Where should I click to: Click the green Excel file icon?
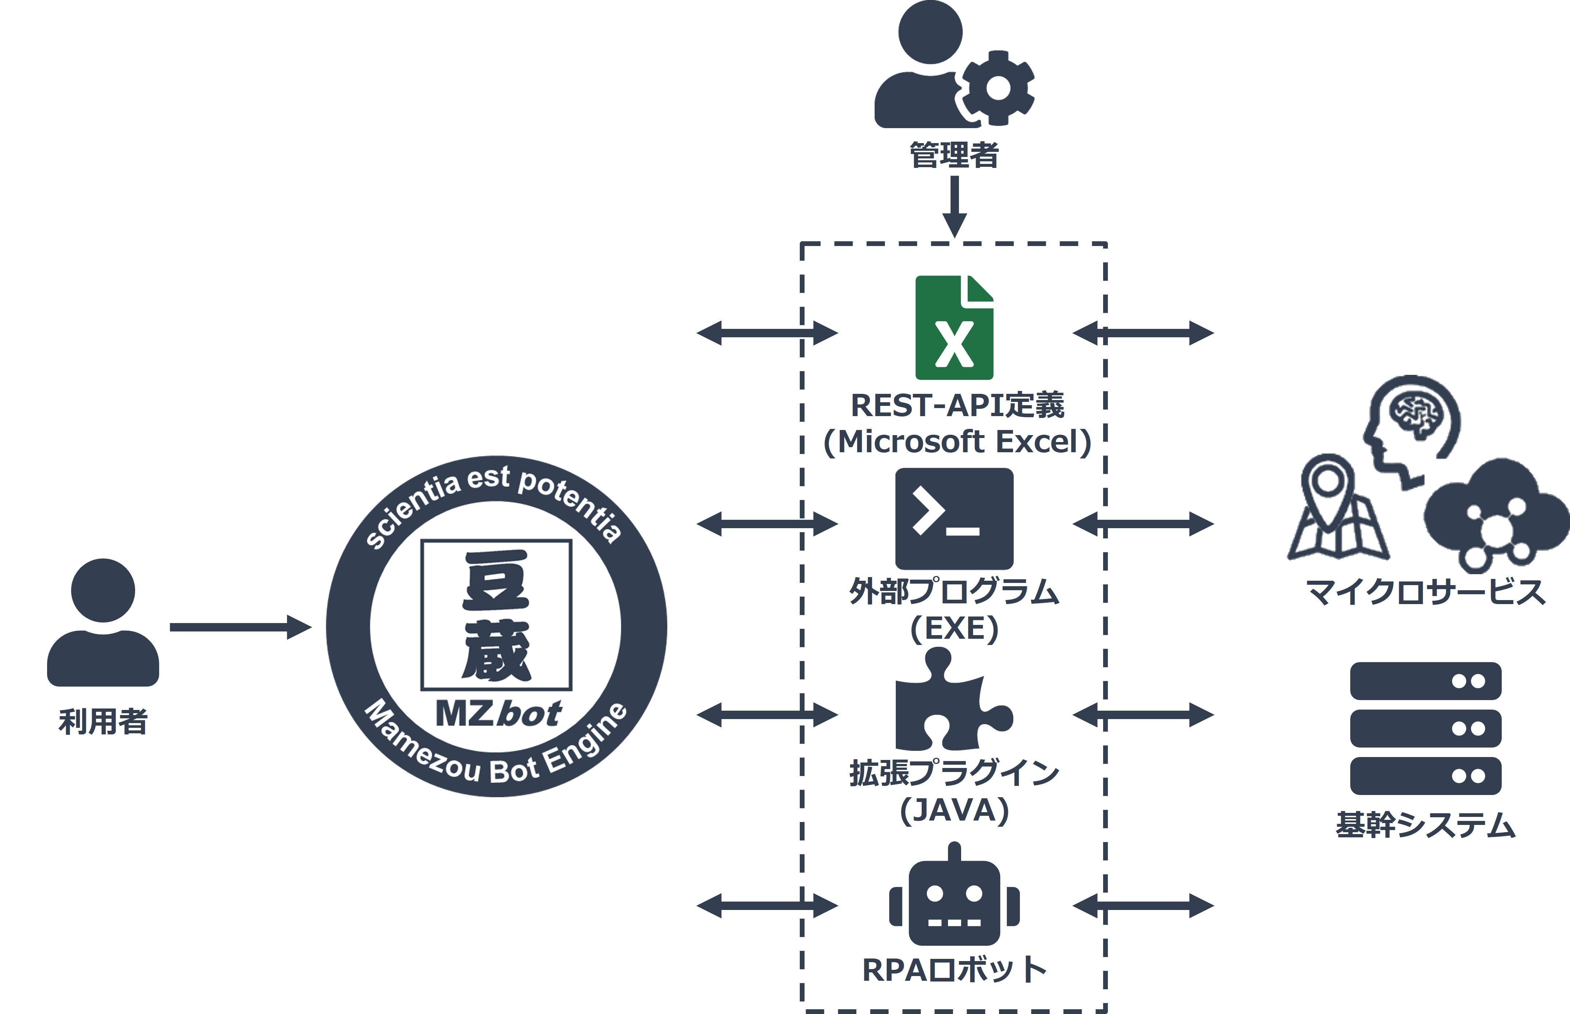[954, 327]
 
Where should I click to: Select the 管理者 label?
[954, 155]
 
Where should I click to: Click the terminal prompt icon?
[954, 519]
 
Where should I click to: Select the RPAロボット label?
[954, 969]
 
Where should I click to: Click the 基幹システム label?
[1425, 825]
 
